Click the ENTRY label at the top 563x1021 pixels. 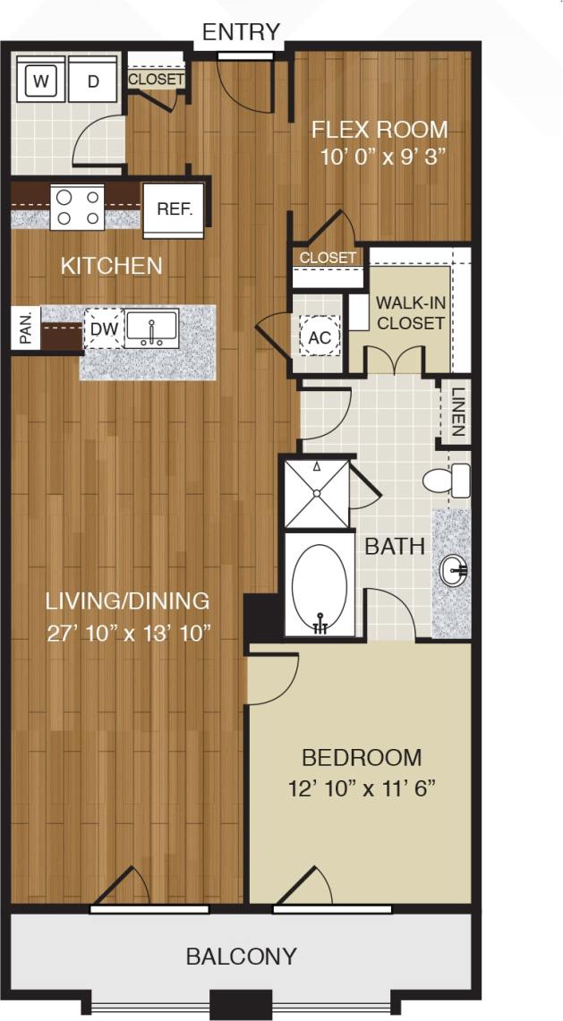(x=241, y=32)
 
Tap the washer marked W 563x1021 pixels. (x=39, y=82)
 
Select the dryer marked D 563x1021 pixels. (x=93, y=82)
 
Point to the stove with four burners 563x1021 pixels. (x=77, y=207)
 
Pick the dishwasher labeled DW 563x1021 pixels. (x=105, y=329)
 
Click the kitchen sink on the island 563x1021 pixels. (x=152, y=328)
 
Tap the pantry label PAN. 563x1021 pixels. (x=25, y=328)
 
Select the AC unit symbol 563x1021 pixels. (x=320, y=337)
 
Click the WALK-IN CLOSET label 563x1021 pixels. (x=411, y=312)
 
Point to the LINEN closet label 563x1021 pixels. (x=457, y=413)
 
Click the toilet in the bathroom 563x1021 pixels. (x=448, y=481)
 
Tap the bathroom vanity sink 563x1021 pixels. (x=454, y=568)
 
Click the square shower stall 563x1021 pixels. (x=316, y=494)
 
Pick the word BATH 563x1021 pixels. (x=395, y=546)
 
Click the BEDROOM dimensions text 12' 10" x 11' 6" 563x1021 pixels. (x=362, y=789)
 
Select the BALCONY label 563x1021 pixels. (x=241, y=957)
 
